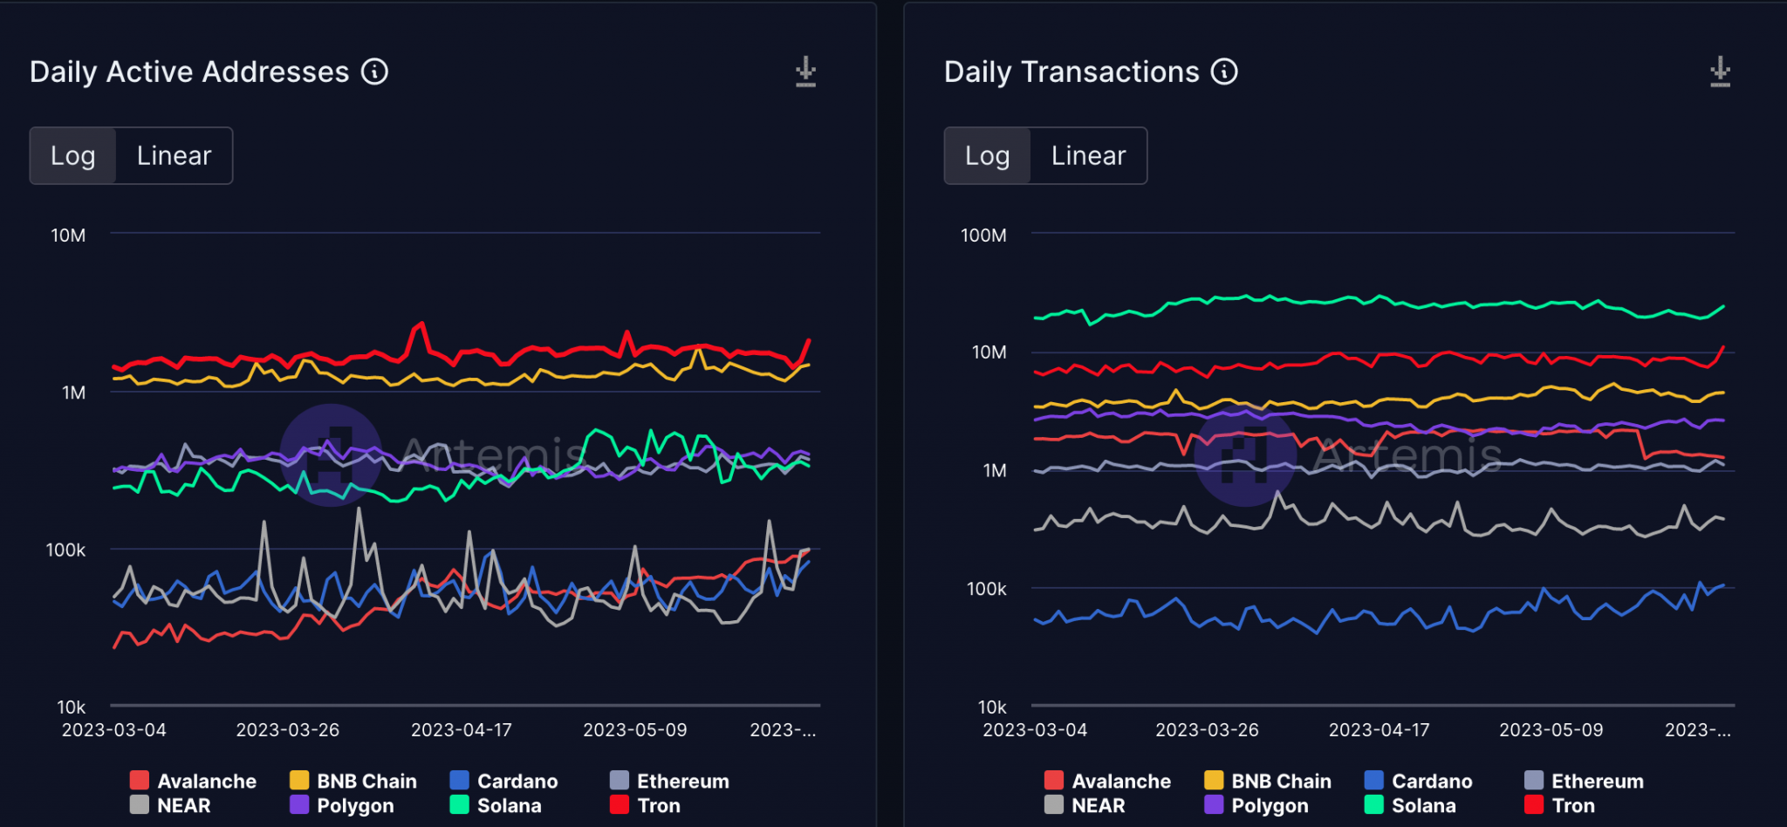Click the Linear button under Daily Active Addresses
coord(174,156)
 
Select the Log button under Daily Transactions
coord(987,156)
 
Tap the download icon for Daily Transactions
coord(1720,72)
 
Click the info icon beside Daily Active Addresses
coord(374,72)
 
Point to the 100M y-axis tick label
coord(983,236)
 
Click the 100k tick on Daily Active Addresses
coord(65,550)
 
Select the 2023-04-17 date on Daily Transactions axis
coord(1379,730)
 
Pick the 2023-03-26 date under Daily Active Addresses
coord(287,730)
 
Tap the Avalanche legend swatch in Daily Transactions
coord(1054,781)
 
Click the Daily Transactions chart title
coord(1072,72)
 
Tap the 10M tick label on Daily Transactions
coord(989,352)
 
